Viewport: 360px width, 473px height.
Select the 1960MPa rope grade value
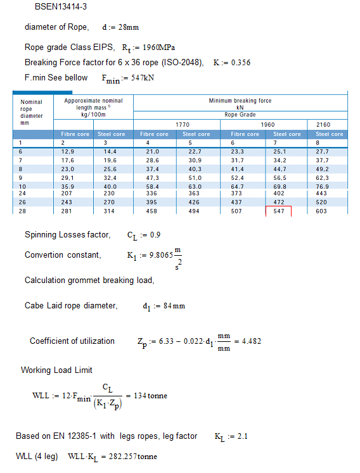pyautogui.click(x=159, y=47)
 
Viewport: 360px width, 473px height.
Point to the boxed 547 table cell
pyautogui.click(x=278, y=211)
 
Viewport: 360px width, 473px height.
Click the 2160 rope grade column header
pyautogui.click(x=323, y=125)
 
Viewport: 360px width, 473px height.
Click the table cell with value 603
pyautogui.click(x=323, y=211)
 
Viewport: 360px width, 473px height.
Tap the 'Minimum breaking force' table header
pyautogui.click(x=240, y=101)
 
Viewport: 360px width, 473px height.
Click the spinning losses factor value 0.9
pyautogui.click(x=153, y=235)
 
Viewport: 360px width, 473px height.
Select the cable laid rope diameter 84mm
pyautogui.click(x=173, y=306)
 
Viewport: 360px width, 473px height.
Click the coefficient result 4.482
pyautogui.click(x=252, y=341)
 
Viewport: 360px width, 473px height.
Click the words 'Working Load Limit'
pyautogui.click(x=56, y=370)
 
